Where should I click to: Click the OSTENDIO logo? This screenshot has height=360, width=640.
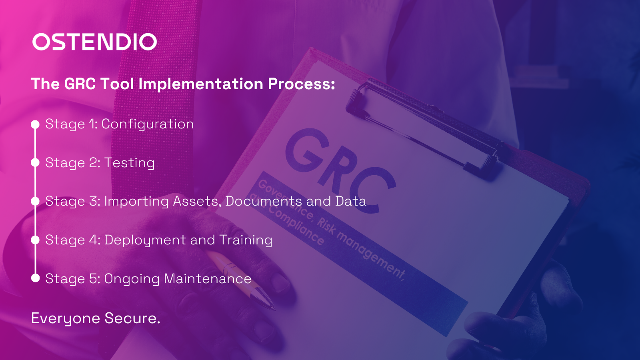click(x=94, y=42)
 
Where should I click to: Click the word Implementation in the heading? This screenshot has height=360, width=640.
click(x=201, y=84)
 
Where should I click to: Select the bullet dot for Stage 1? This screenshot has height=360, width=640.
click(x=35, y=124)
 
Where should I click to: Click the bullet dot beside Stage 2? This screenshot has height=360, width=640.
click(x=35, y=162)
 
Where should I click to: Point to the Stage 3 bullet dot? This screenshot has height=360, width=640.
click(x=35, y=201)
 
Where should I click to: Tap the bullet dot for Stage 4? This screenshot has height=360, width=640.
click(x=35, y=240)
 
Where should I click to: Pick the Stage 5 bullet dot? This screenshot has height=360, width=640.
click(x=35, y=278)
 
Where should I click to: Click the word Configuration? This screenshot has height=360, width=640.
click(x=148, y=124)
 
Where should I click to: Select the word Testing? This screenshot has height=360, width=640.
click(x=129, y=163)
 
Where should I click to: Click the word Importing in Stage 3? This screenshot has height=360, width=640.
click(x=136, y=201)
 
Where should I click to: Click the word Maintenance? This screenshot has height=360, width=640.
click(x=207, y=278)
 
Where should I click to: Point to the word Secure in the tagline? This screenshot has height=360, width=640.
click(x=132, y=318)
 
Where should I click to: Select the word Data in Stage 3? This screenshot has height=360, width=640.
click(x=350, y=201)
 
